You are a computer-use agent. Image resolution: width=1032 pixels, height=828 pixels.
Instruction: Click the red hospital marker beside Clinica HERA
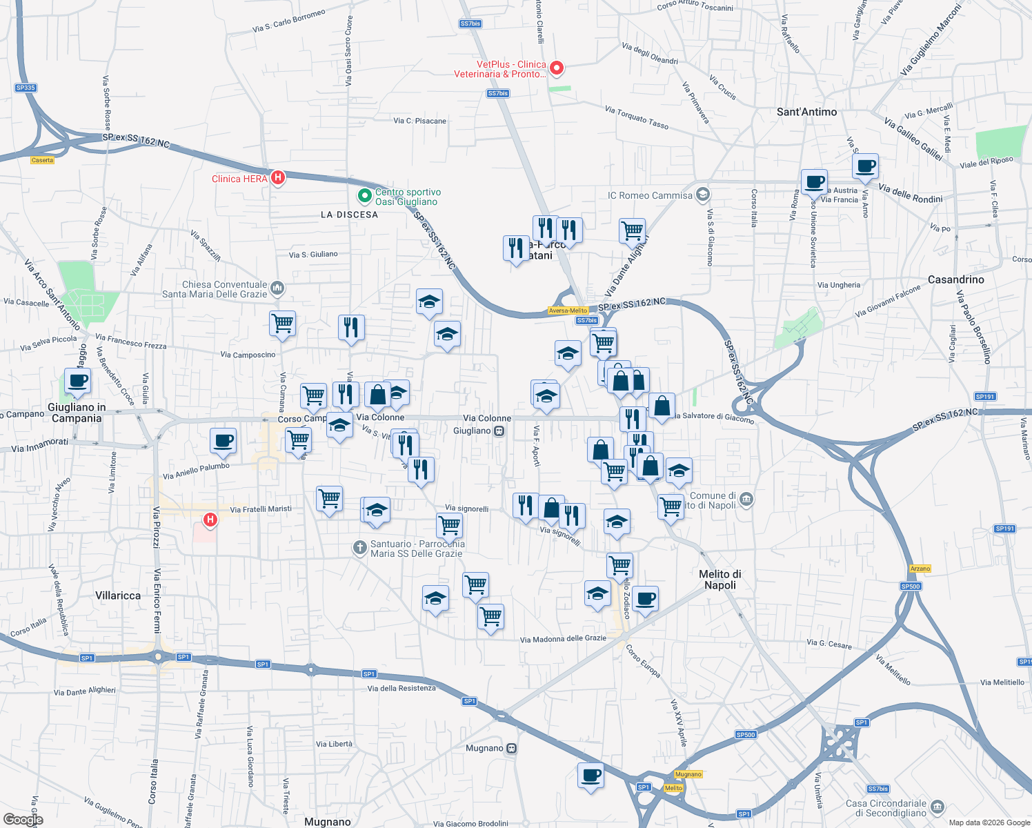(x=277, y=178)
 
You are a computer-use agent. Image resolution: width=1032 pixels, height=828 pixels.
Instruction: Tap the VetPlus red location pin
(x=556, y=68)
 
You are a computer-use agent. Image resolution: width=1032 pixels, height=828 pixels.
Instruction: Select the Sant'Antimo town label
(x=806, y=112)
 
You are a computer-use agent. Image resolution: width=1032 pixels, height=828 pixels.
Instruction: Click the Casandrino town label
(x=955, y=279)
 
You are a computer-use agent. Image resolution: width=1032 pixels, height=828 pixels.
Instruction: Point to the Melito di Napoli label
(x=720, y=580)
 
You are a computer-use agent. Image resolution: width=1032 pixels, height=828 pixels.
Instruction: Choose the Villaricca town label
(x=118, y=595)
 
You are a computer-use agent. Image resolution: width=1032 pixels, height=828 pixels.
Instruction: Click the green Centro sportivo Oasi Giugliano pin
(x=364, y=197)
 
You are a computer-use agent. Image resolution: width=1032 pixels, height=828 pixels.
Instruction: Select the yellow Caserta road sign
(x=42, y=160)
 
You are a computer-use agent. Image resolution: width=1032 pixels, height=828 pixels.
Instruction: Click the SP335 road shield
(x=26, y=88)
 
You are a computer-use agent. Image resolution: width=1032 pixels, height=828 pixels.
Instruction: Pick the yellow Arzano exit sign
(x=920, y=569)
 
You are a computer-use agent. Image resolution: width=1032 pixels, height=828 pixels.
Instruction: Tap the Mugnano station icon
(x=511, y=749)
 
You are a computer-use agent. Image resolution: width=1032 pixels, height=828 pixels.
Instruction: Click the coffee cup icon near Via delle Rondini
(x=865, y=166)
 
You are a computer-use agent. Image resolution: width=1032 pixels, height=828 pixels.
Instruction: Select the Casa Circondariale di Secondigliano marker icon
(x=937, y=807)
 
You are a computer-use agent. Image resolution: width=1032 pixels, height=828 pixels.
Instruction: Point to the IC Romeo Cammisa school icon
(x=702, y=195)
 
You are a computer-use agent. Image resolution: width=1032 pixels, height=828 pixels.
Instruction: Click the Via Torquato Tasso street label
(x=637, y=117)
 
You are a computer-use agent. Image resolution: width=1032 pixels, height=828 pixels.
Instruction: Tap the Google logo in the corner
(x=23, y=820)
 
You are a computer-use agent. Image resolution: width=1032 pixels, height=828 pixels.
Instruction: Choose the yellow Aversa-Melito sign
(x=568, y=310)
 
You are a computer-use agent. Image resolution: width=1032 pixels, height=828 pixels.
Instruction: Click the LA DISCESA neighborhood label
(x=349, y=215)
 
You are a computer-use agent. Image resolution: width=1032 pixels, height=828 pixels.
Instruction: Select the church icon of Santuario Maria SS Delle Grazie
(x=359, y=548)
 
